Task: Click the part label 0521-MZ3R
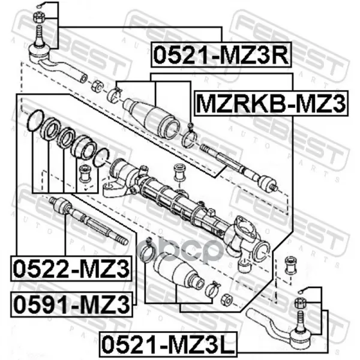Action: pyautogui.click(x=221, y=55)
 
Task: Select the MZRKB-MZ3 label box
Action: pyautogui.click(x=271, y=103)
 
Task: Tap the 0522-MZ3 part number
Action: pyautogui.click(x=71, y=268)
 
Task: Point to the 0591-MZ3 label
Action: pyautogui.click(x=71, y=304)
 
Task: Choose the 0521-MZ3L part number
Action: pyautogui.click(x=168, y=344)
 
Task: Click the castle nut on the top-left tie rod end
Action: pyautogui.click(x=38, y=17)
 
